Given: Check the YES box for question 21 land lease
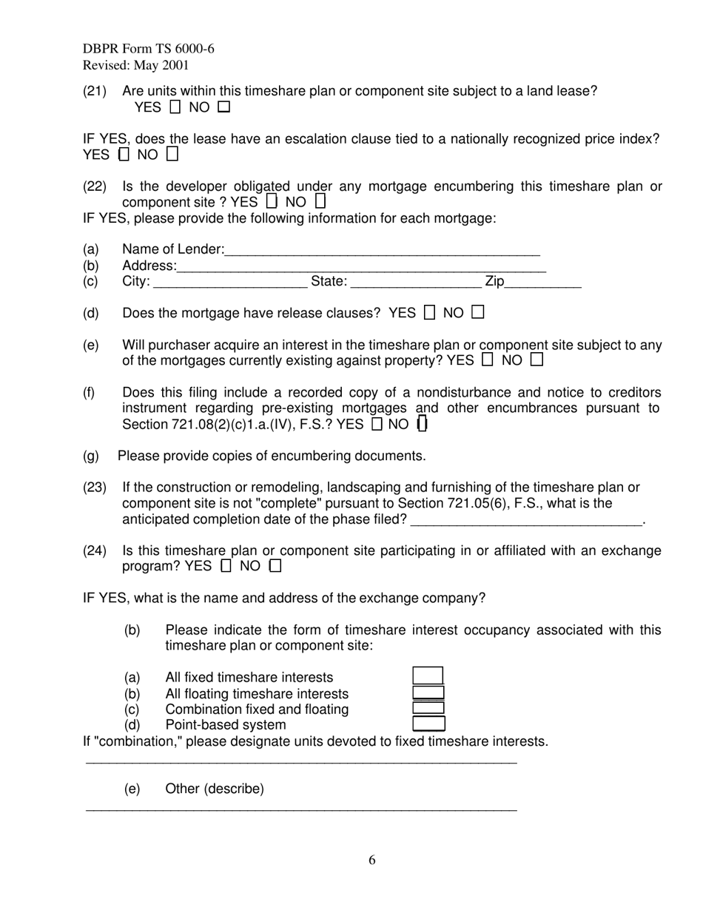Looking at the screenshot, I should [175, 107].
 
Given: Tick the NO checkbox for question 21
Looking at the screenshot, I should [224, 107].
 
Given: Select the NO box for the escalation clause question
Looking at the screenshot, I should [172, 155].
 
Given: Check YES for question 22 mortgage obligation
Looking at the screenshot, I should [272, 201].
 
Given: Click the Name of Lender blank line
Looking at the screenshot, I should [382, 250].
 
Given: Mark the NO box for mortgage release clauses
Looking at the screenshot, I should [478, 313].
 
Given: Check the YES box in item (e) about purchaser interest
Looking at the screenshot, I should [487, 360].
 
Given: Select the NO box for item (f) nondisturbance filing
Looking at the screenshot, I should [423, 424].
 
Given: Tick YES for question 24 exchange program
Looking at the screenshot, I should [226, 567].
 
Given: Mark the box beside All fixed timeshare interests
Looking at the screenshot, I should [428, 676].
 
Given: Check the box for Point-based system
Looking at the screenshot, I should [428, 724].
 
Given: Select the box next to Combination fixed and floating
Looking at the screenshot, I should [428, 708].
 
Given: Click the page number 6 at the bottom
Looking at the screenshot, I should [372, 860].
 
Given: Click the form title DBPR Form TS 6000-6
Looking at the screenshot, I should [149, 49].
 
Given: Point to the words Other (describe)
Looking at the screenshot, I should [215, 789].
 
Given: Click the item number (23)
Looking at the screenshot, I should [95, 488].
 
